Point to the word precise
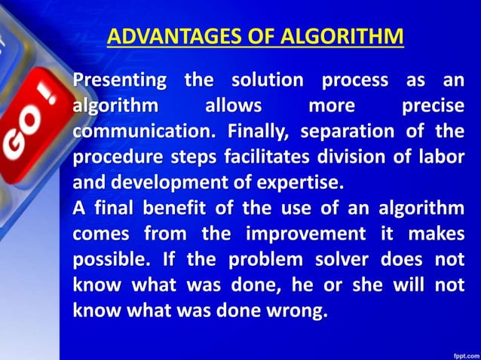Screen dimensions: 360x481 (x=432, y=106)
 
